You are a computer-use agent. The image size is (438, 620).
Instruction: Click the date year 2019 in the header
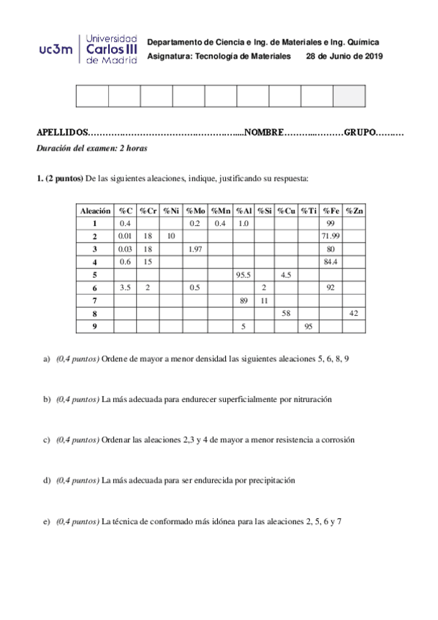click(x=371, y=56)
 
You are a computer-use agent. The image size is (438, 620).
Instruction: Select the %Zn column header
click(x=355, y=211)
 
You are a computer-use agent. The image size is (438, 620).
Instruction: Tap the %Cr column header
click(x=148, y=211)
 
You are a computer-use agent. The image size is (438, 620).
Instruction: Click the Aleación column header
click(x=94, y=211)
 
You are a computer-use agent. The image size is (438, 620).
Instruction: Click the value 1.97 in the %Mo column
click(x=195, y=249)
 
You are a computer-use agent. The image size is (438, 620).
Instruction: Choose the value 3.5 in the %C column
click(x=124, y=287)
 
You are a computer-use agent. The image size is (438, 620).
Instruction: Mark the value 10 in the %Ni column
click(x=170, y=236)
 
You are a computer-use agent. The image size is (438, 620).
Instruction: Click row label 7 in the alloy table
click(x=94, y=300)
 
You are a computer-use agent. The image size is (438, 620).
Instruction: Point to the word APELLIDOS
click(x=61, y=132)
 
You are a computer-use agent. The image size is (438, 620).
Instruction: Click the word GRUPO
click(x=359, y=132)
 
